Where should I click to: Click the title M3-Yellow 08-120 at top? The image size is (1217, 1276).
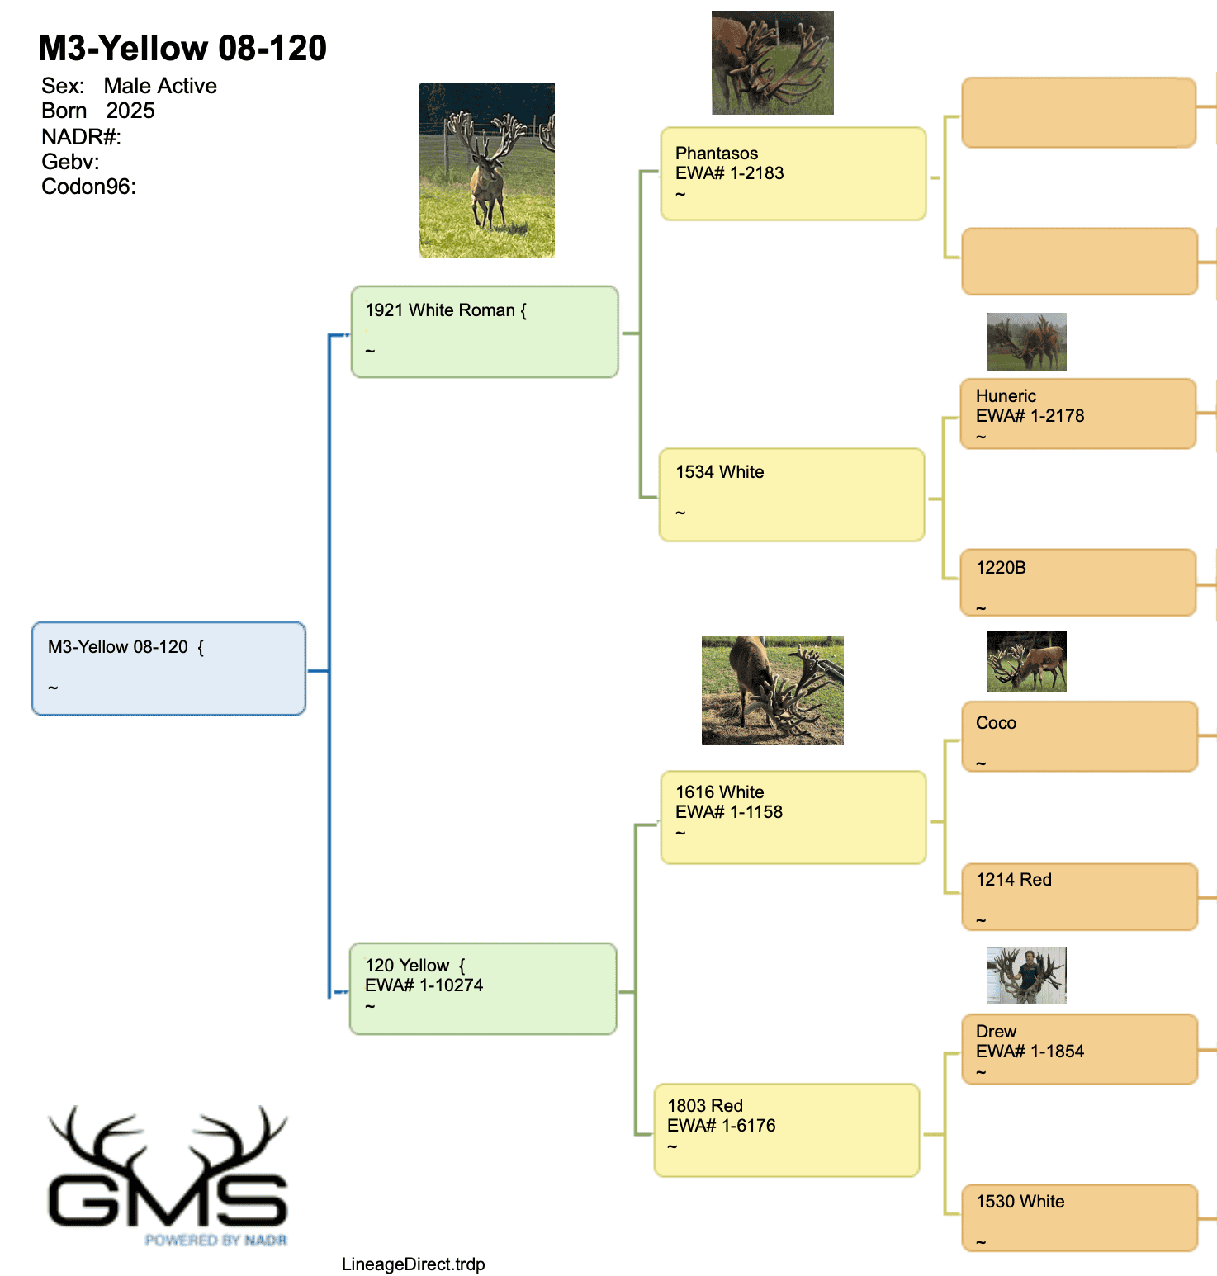(x=182, y=48)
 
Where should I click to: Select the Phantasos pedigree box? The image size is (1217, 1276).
(x=793, y=173)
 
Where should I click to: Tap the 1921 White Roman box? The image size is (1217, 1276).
(x=485, y=332)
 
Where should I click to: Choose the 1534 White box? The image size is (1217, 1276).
(x=792, y=494)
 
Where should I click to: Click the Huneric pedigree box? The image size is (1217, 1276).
(x=1078, y=414)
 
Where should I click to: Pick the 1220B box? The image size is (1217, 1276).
(x=1078, y=583)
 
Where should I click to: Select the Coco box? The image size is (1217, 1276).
(x=1080, y=736)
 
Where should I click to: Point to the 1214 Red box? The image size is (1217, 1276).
(x=1080, y=896)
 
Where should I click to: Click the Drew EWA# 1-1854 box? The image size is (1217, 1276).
(x=1080, y=1049)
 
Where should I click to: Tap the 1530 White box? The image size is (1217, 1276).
(x=1080, y=1218)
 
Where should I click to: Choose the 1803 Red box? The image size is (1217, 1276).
(x=787, y=1130)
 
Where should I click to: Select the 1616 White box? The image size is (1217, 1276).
(x=793, y=817)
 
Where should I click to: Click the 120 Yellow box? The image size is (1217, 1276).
(x=483, y=989)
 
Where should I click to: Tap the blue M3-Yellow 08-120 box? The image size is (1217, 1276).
(x=168, y=669)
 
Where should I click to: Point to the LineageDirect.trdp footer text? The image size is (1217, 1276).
(x=414, y=1264)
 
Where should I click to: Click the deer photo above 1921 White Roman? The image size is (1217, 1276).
(x=487, y=171)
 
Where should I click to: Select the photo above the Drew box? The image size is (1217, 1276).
(x=1027, y=976)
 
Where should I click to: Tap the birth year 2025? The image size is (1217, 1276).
(x=130, y=111)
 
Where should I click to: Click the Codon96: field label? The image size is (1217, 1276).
(x=88, y=187)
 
